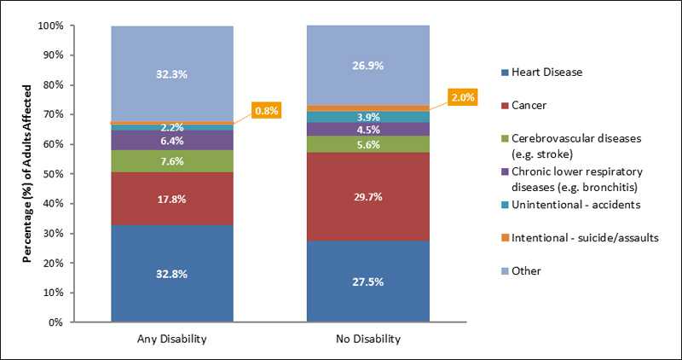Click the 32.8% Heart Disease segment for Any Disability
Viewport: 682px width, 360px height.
171,274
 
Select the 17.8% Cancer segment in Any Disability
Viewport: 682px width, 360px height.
171,198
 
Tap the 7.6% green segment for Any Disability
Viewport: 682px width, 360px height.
171,161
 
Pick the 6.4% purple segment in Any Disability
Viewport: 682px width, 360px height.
171,140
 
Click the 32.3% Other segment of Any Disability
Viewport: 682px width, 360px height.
171,74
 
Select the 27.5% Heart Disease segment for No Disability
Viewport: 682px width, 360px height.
367,282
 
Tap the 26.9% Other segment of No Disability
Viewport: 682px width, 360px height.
367,66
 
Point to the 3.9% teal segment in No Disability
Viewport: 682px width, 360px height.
367,117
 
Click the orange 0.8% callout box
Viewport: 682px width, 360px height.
264,111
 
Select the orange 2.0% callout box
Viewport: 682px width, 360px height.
463,97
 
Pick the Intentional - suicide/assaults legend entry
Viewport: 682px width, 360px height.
584,238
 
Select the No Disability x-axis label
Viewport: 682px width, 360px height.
367,339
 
